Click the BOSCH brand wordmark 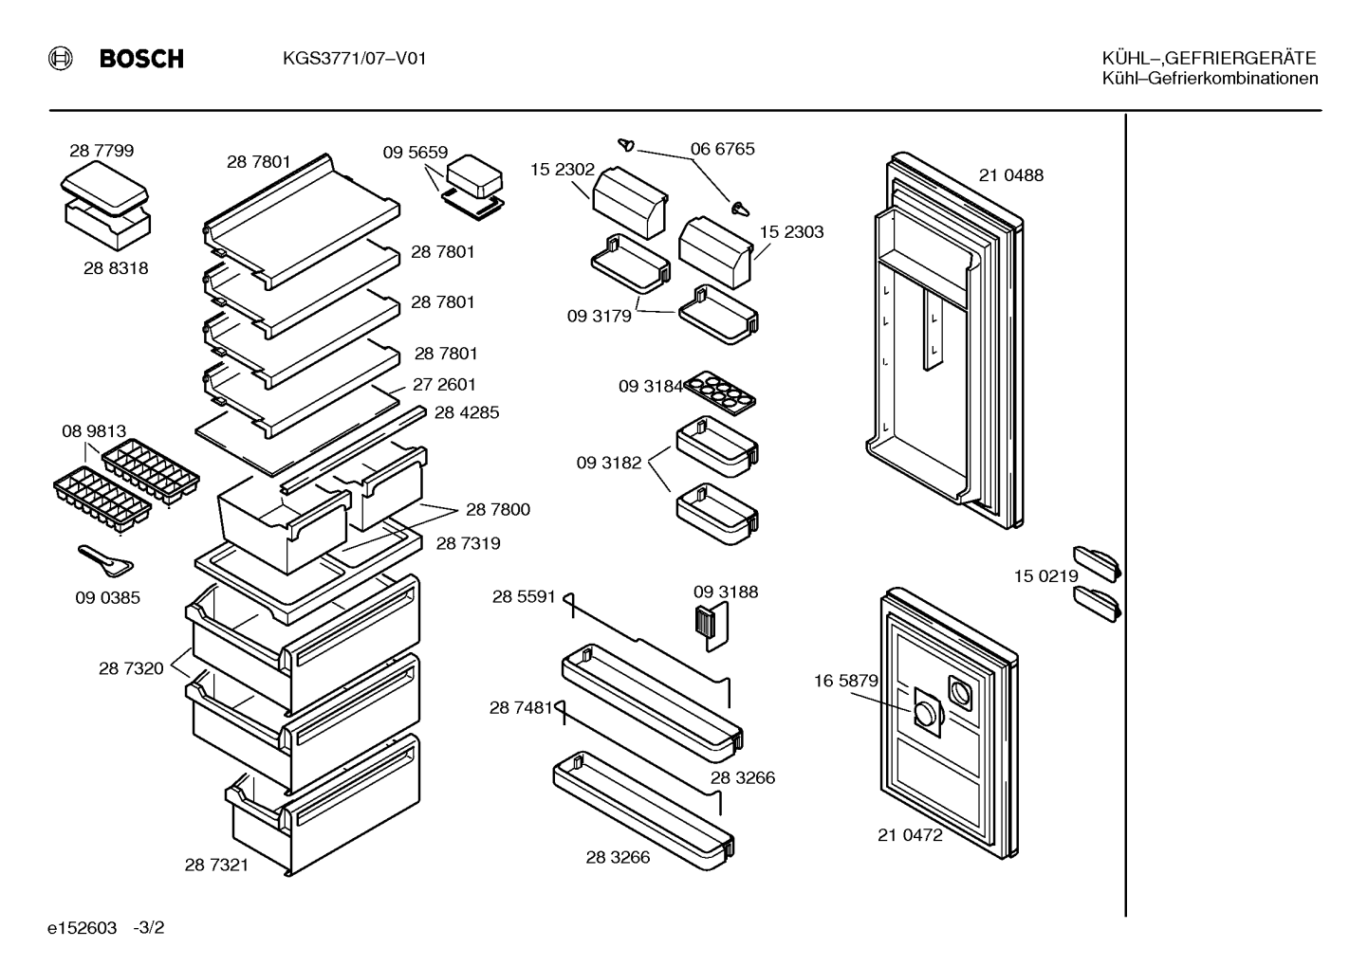tap(141, 59)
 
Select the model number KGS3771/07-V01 tap(354, 59)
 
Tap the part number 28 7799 tap(102, 150)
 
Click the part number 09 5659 tap(416, 152)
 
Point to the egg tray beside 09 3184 tap(719, 393)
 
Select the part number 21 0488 tap(1011, 175)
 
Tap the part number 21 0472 tap(910, 835)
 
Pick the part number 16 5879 tap(846, 681)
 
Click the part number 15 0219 tap(1046, 575)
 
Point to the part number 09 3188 tap(726, 592)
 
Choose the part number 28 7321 tap(217, 865)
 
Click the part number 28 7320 tap(131, 668)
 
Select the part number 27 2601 tap(444, 385)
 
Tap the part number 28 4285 tap(467, 412)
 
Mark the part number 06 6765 tap(723, 149)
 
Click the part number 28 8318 tap(116, 268)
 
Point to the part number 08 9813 tap(94, 431)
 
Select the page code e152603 tap(82, 927)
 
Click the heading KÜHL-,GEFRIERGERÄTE tap(1209, 58)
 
